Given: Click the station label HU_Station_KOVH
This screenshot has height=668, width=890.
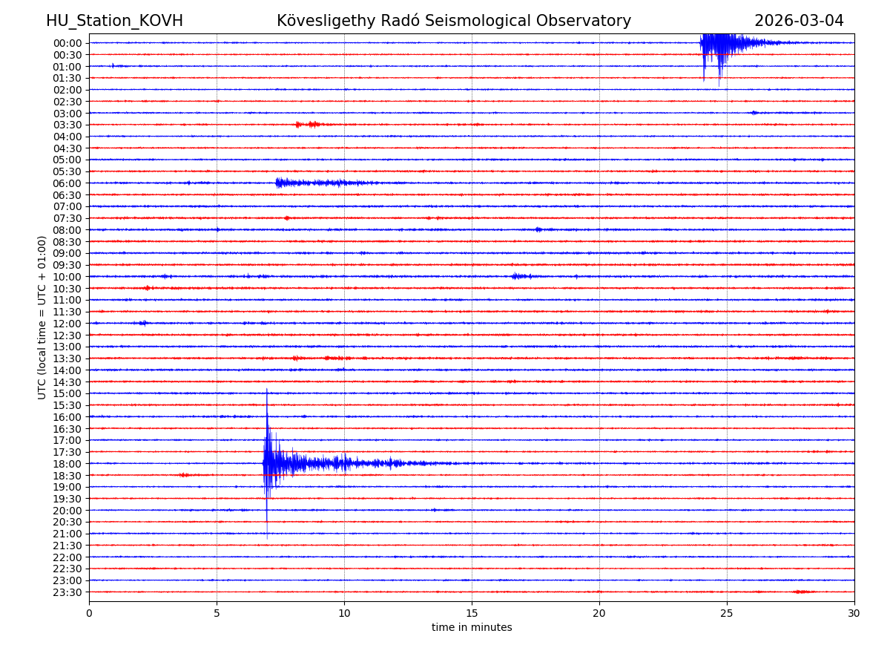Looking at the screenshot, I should click(x=114, y=21).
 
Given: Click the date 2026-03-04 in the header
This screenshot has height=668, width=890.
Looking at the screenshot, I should click(x=799, y=21).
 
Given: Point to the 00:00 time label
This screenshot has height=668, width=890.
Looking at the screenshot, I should click(x=67, y=43).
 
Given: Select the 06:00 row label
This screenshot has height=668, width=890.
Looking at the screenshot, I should click(x=67, y=183).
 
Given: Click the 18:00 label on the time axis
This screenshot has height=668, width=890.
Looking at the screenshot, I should click(x=67, y=464).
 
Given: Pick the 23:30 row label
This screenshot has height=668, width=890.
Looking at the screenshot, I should click(x=67, y=592).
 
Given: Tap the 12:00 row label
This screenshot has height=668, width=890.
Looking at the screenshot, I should click(x=67, y=324).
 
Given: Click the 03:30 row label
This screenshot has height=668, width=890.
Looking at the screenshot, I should click(x=67, y=125).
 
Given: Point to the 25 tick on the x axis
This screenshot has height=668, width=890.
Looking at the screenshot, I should click(x=727, y=614).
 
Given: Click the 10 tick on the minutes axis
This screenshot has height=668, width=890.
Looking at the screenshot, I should click(x=344, y=614).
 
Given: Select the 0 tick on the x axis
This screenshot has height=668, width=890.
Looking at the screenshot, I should click(x=89, y=614).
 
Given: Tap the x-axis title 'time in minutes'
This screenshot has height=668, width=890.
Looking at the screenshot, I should click(x=472, y=628).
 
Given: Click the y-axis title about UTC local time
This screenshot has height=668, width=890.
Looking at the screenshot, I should click(x=42, y=317).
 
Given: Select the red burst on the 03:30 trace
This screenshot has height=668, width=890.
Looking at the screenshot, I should click(x=308, y=125).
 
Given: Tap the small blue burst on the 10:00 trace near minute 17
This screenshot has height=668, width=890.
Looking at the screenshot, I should click(x=521, y=276).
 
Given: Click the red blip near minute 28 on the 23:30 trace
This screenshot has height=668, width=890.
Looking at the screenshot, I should click(x=803, y=592).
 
